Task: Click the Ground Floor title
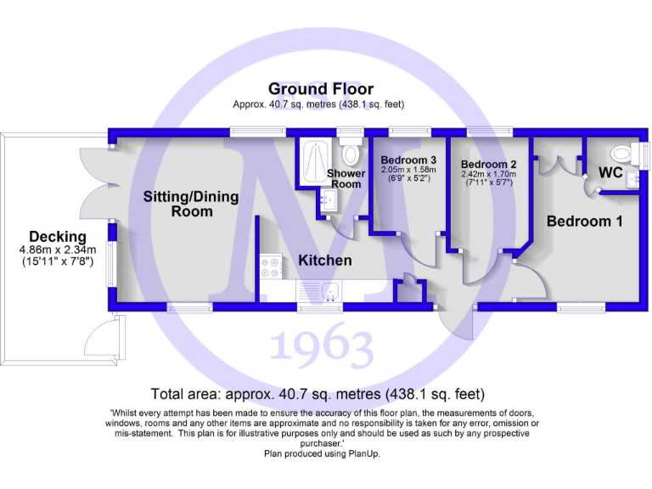pyautogui.click(x=320, y=88)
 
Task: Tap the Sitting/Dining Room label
pyautogui.click(x=191, y=204)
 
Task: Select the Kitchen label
pyautogui.click(x=324, y=260)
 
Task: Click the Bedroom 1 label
pyautogui.click(x=584, y=221)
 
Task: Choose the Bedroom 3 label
pyautogui.click(x=408, y=160)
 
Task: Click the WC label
pyautogui.click(x=610, y=172)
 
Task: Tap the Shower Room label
pyautogui.click(x=346, y=178)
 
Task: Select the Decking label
pyautogui.click(x=58, y=236)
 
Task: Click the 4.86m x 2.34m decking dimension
pyautogui.click(x=58, y=250)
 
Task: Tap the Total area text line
pyautogui.click(x=318, y=394)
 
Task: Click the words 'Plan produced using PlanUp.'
pyautogui.click(x=321, y=454)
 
